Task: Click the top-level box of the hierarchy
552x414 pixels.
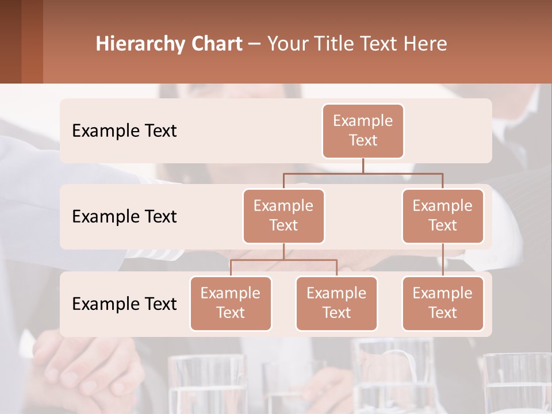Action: tap(363, 131)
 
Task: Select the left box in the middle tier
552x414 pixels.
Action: tap(283, 216)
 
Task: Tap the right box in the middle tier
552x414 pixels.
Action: tap(443, 216)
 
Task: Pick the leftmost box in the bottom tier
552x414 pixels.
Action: tap(231, 303)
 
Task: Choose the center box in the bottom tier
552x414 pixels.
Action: tap(336, 303)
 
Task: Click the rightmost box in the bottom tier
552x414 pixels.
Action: tap(443, 303)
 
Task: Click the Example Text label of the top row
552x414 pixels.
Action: tap(124, 131)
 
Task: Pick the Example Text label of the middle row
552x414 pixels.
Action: tap(124, 216)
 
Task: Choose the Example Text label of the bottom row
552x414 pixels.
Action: tap(124, 304)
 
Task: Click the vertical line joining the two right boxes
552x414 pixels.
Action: tap(443, 260)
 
